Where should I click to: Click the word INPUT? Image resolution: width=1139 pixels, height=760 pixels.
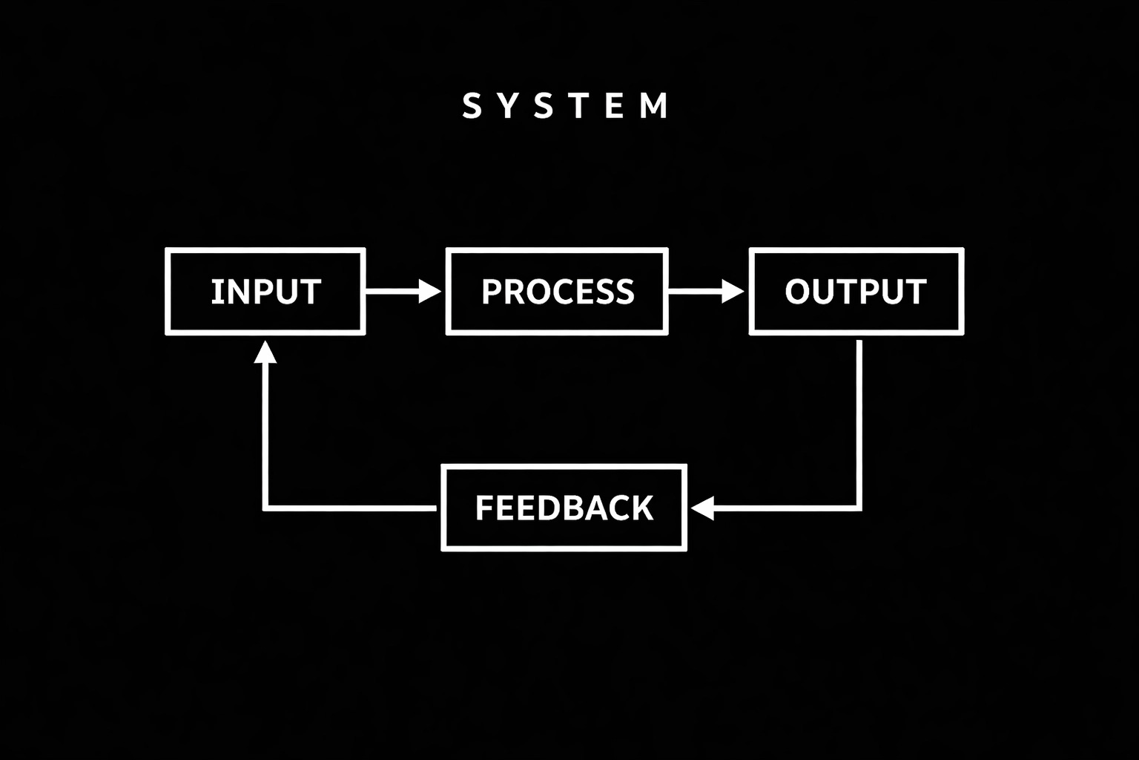point(265,292)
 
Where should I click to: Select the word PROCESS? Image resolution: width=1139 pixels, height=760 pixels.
point(558,292)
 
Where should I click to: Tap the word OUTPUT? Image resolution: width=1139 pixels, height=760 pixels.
point(856,292)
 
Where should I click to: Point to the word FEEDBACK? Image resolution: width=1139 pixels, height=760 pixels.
point(564,508)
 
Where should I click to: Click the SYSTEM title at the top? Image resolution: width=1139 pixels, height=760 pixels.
point(565,106)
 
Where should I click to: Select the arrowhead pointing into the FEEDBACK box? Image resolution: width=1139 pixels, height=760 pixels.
point(701,508)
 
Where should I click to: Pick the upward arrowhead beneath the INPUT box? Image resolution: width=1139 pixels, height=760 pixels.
point(265,352)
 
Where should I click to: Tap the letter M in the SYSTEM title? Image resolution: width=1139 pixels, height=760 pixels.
point(654,106)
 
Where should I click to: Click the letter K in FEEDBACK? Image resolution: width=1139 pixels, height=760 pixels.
point(642,508)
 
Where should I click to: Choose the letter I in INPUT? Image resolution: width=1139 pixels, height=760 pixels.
point(214,292)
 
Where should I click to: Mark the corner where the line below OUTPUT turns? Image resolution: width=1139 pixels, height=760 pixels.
point(859,508)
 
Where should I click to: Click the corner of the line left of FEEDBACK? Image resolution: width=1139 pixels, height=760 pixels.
point(265,508)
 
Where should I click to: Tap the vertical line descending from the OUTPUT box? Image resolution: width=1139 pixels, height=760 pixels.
point(859,423)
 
